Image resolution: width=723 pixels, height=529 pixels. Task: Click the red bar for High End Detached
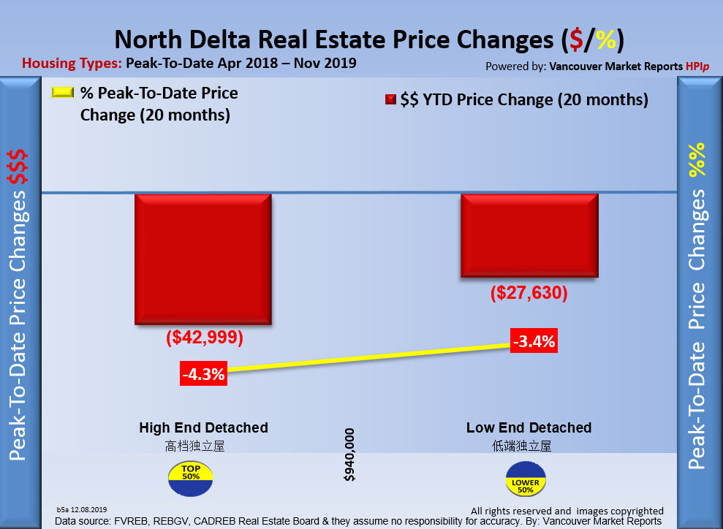click(202, 259)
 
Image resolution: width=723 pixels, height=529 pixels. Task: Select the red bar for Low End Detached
click(529, 235)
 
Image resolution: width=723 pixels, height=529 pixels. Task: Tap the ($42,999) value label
click(204, 339)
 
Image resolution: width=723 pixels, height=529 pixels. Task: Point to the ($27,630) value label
click(529, 294)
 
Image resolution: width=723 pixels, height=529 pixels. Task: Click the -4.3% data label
click(204, 374)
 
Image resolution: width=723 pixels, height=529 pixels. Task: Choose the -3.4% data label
click(534, 340)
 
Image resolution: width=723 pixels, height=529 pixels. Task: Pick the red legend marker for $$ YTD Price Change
click(390, 100)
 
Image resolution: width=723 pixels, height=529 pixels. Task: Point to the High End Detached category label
click(203, 427)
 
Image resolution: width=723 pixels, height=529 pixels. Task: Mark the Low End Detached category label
click(529, 427)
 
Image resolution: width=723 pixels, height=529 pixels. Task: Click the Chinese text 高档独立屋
click(194, 445)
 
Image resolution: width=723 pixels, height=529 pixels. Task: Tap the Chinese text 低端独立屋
click(522, 445)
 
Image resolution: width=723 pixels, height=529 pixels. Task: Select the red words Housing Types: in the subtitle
click(71, 63)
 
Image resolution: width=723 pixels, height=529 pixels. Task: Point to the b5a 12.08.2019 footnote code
click(82, 509)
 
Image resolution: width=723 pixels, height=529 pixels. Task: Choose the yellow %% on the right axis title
click(698, 159)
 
